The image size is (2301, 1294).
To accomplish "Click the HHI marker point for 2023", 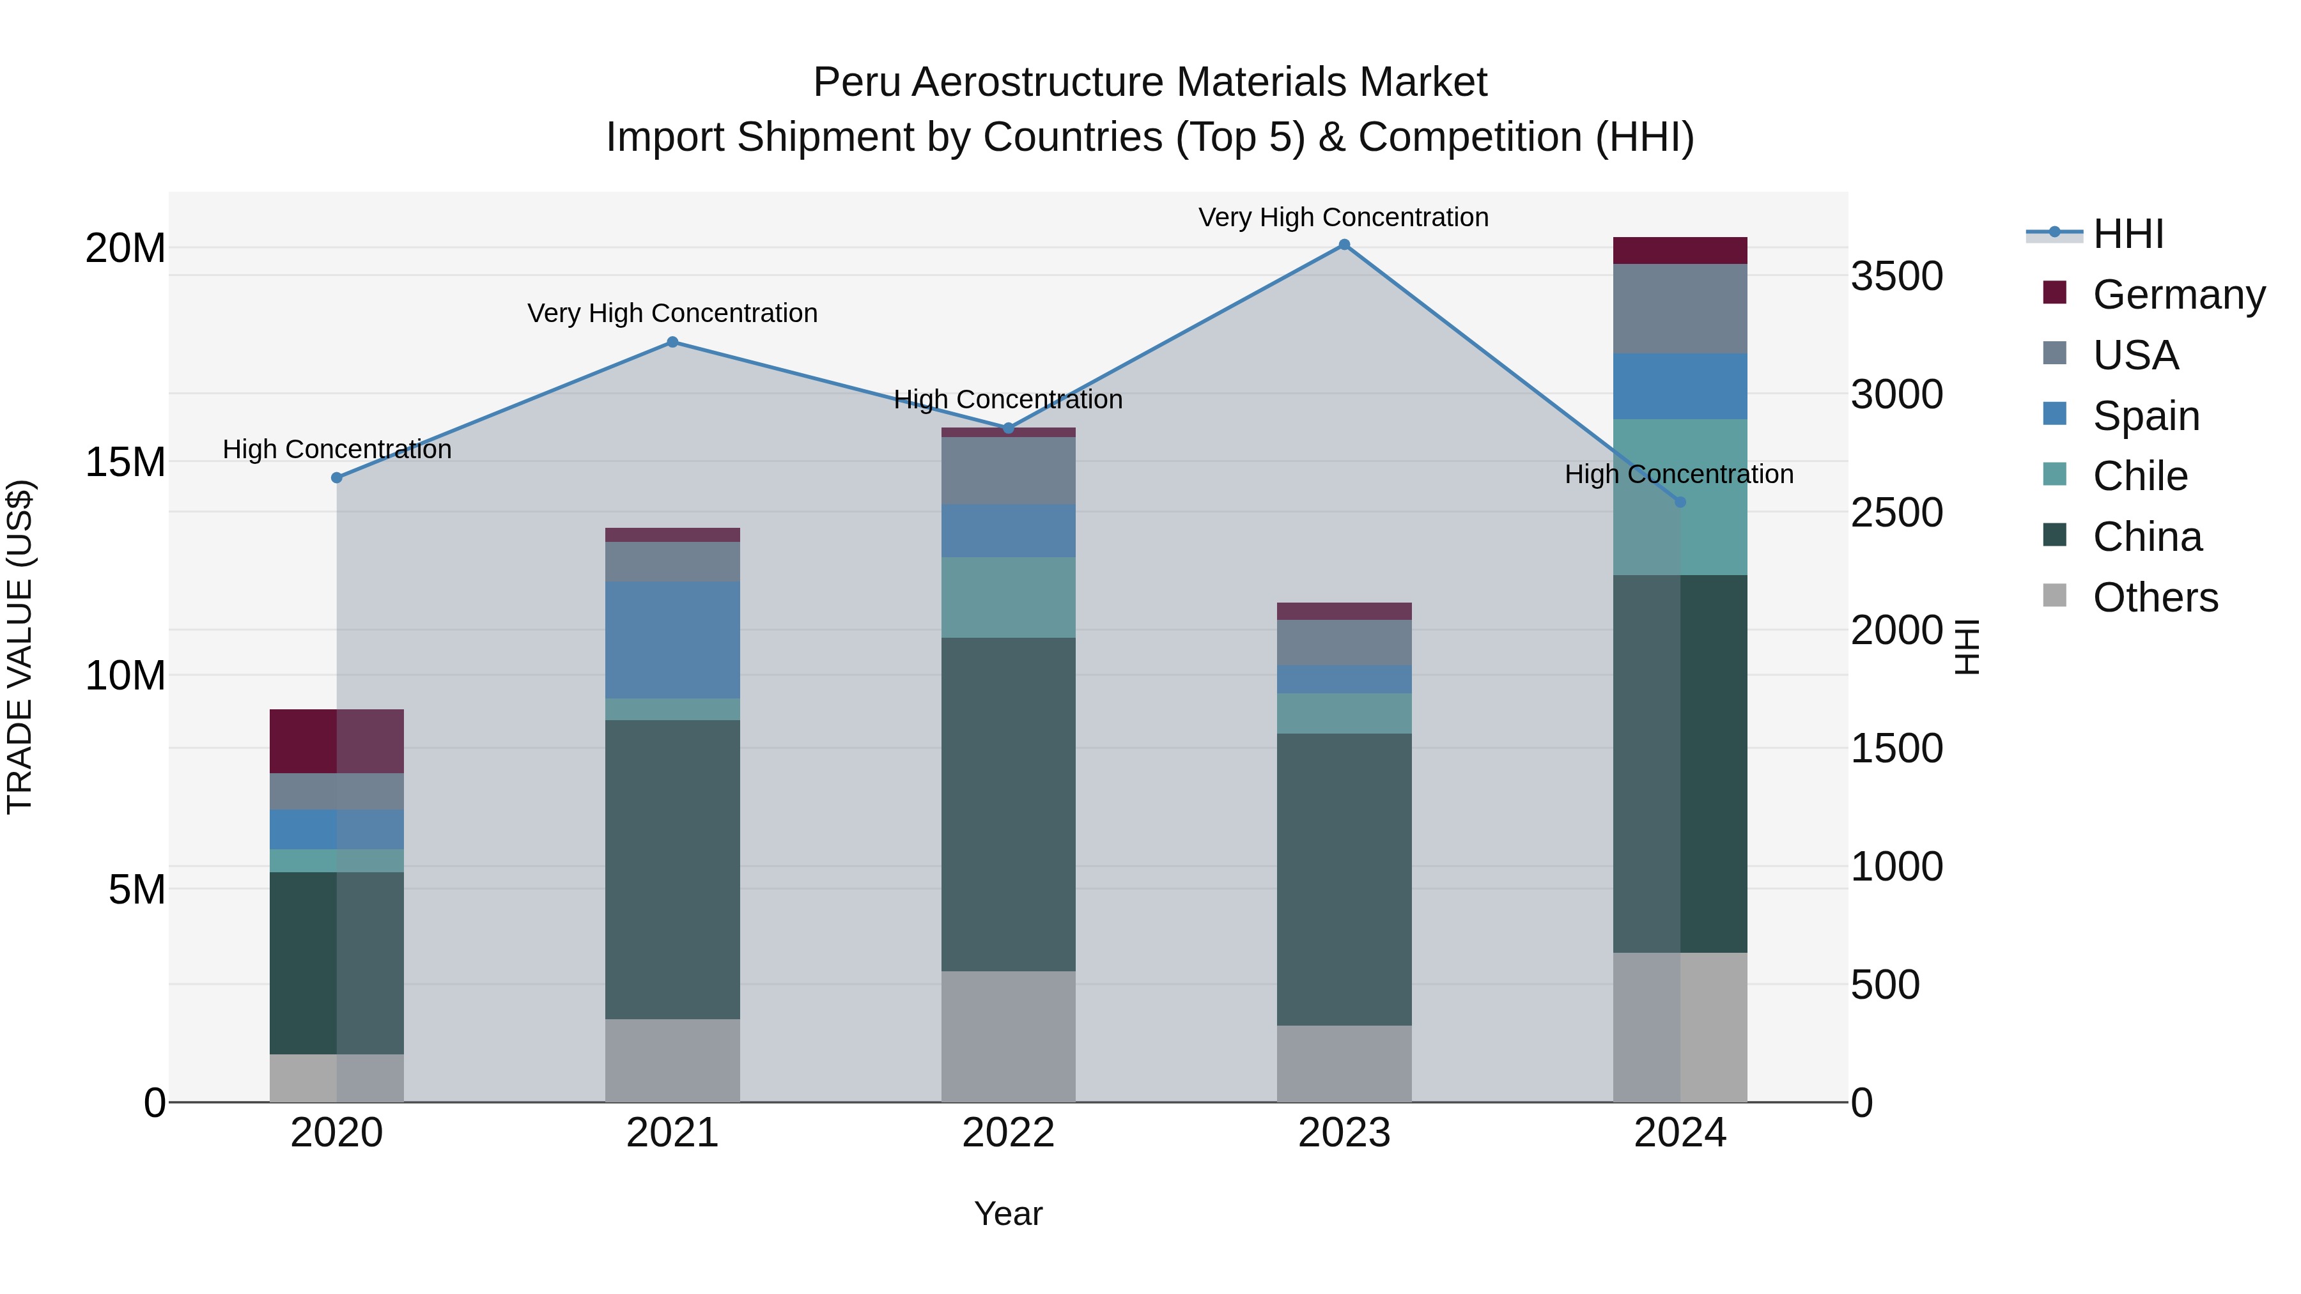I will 1344,245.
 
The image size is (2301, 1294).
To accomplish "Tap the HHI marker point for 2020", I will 337,478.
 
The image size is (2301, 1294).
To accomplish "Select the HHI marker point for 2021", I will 672,342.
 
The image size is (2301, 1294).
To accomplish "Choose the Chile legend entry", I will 2139,476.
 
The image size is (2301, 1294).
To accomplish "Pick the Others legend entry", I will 2155,597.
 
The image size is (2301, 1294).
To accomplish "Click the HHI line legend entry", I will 2127,234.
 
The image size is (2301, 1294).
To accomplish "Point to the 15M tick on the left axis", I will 125,463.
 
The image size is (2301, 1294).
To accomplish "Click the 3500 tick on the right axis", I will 1896,276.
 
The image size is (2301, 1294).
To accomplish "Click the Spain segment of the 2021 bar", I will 672,640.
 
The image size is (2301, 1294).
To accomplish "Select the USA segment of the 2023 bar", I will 1344,642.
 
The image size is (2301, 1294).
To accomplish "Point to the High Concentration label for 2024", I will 1678,474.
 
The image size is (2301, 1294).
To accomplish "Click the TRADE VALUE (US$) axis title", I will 20,647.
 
